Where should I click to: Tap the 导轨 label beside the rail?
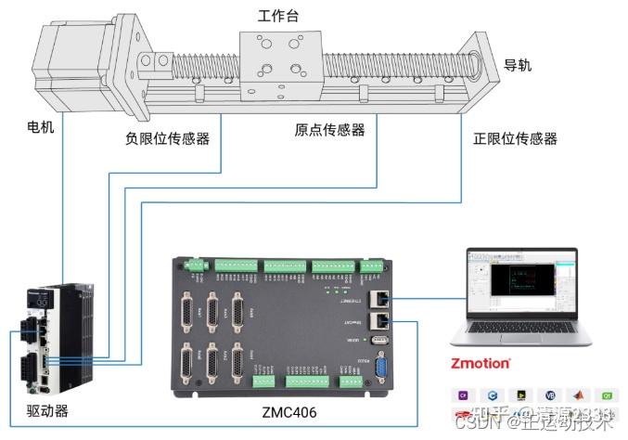[518, 65]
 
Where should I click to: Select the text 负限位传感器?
[167, 139]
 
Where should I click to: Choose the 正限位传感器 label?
[515, 139]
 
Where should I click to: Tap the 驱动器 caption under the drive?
[46, 409]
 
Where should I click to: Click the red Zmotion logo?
[480, 363]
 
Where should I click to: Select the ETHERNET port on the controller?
[380, 299]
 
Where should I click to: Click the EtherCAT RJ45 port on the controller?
[380, 320]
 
